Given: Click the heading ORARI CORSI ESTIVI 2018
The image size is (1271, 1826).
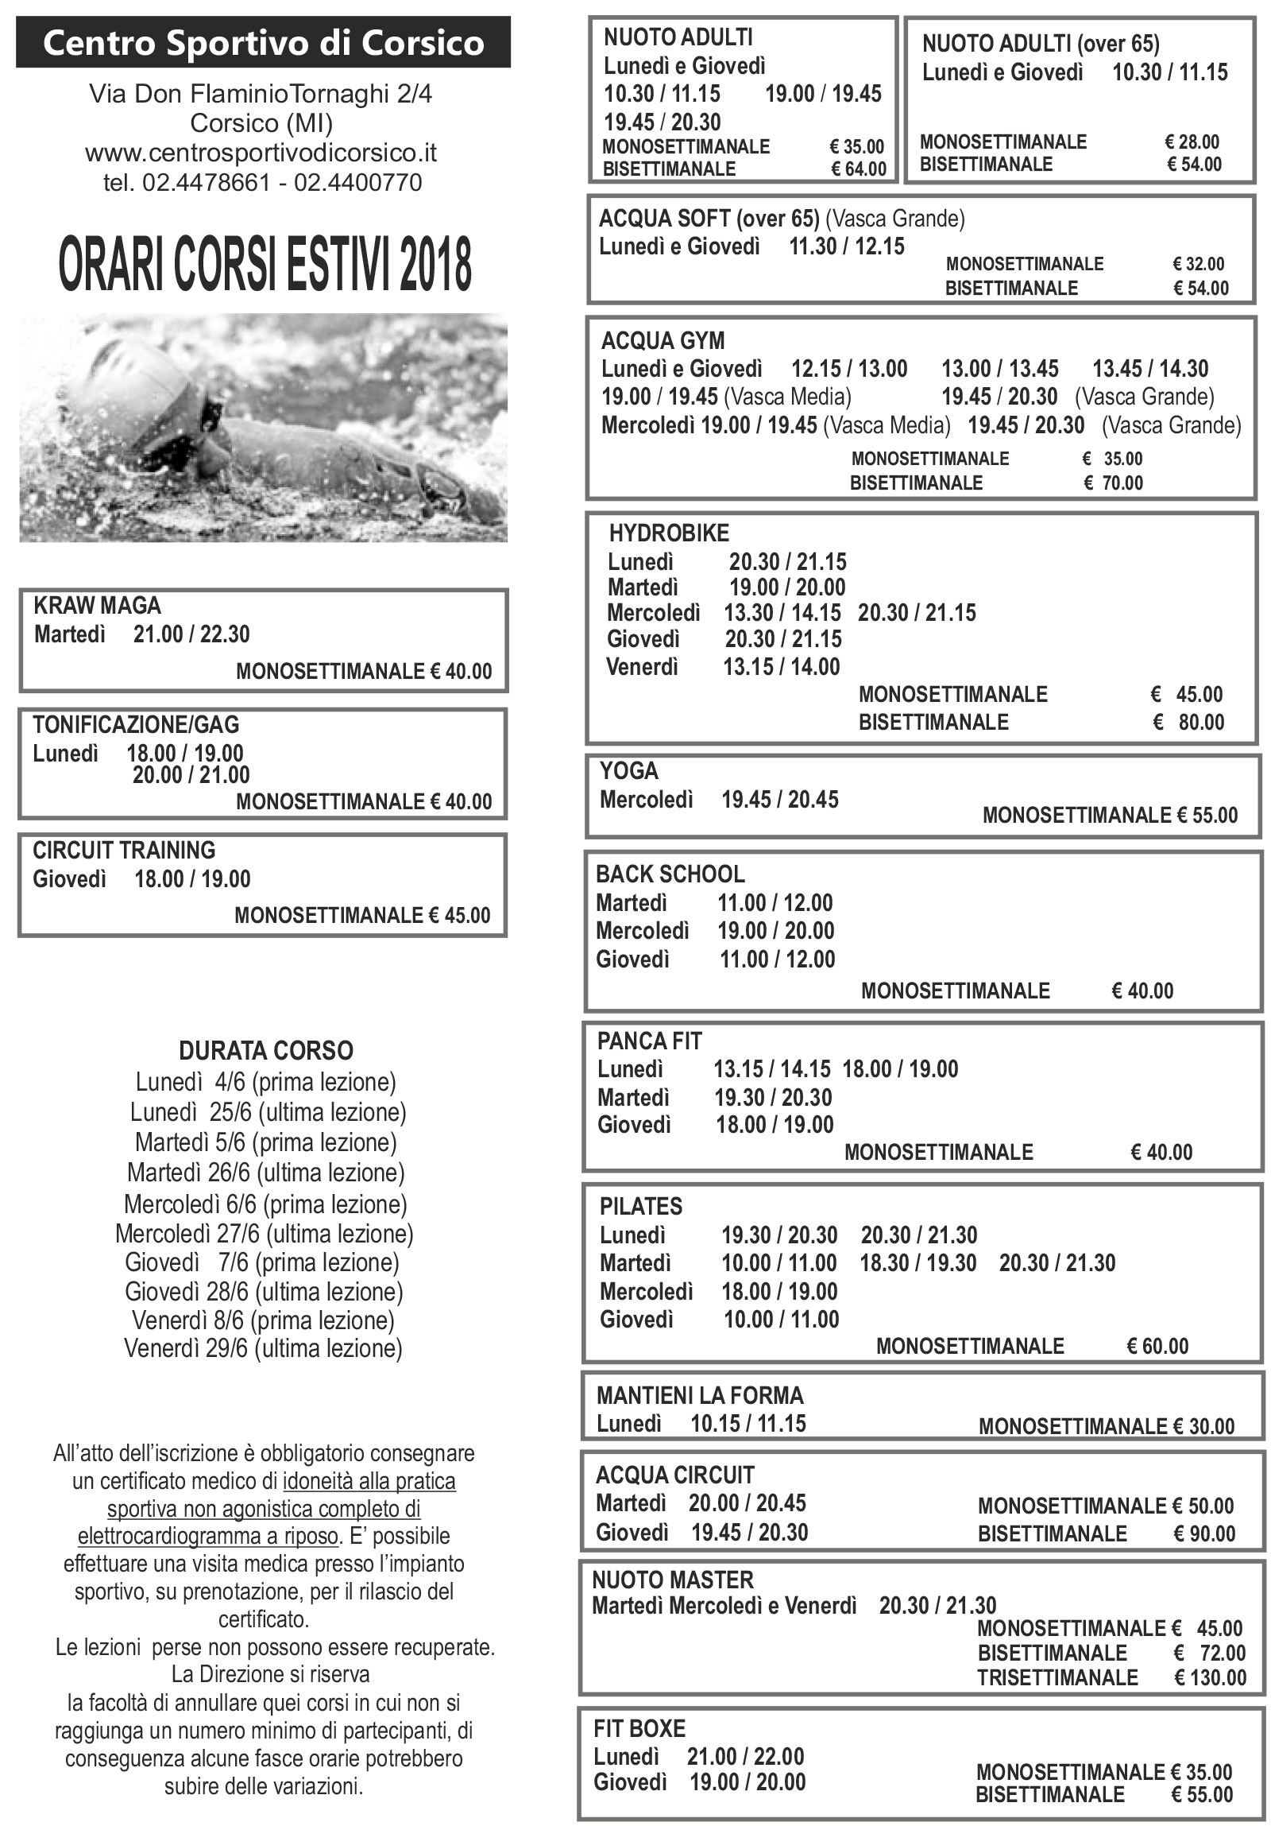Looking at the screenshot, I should coord(265,265).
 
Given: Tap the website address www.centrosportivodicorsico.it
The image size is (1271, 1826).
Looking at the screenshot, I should coord(261,152).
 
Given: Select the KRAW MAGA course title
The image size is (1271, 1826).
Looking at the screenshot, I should coord(97,606).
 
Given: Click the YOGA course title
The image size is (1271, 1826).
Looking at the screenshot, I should coord(628,770).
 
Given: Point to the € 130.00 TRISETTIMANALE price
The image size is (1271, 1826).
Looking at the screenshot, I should coord(1210,1677).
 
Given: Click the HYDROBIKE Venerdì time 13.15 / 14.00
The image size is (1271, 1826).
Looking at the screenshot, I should coord(782,666).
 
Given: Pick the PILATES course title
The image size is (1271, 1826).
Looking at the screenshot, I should coord(641,1207).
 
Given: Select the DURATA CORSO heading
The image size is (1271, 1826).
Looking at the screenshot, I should coord(265,1051).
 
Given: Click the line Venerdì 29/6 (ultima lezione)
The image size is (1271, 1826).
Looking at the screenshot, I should coord(263,1348).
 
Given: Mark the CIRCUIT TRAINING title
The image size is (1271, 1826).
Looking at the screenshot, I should coord(124,850).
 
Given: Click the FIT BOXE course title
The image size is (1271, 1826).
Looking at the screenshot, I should coord(639,1728).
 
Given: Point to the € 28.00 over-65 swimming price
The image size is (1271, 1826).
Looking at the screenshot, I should coord(1192,142).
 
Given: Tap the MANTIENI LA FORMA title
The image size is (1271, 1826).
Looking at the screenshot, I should coord(700,1395).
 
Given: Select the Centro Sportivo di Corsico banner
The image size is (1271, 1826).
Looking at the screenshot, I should coord(263,43).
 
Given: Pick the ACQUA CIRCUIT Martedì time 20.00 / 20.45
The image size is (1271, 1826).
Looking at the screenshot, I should coord(748,1503).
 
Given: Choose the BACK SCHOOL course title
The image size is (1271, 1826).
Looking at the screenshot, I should coord(670,874).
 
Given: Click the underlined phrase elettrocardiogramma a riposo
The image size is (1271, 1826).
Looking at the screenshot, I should coord(207,1536).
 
